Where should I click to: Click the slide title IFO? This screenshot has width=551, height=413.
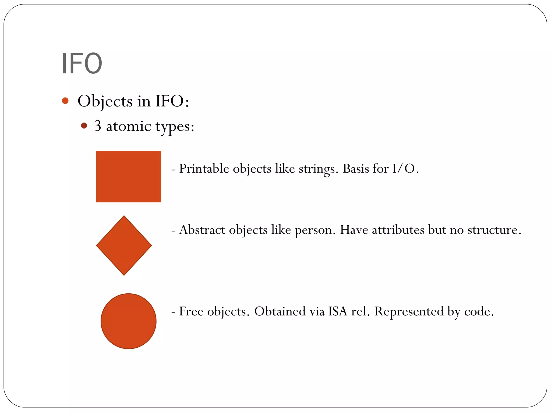tap(82, 63)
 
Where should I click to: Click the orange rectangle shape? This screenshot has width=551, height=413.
tap(128, 176)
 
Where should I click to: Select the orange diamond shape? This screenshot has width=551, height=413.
tap(124, 245)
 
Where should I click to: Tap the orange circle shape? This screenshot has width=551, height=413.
tap(128, 321)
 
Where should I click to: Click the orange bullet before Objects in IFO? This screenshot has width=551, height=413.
tap(65, 101)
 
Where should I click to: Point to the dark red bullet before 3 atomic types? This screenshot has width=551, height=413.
tap(84, 126)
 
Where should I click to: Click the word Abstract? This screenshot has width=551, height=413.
tap(202, 230)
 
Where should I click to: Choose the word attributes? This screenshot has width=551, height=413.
tap(398, 230)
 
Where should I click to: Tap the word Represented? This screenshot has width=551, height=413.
tap(409, 312)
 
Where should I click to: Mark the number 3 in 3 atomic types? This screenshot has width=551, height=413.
tap(98, 126)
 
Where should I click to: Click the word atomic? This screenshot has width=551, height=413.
tap(128, 126)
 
